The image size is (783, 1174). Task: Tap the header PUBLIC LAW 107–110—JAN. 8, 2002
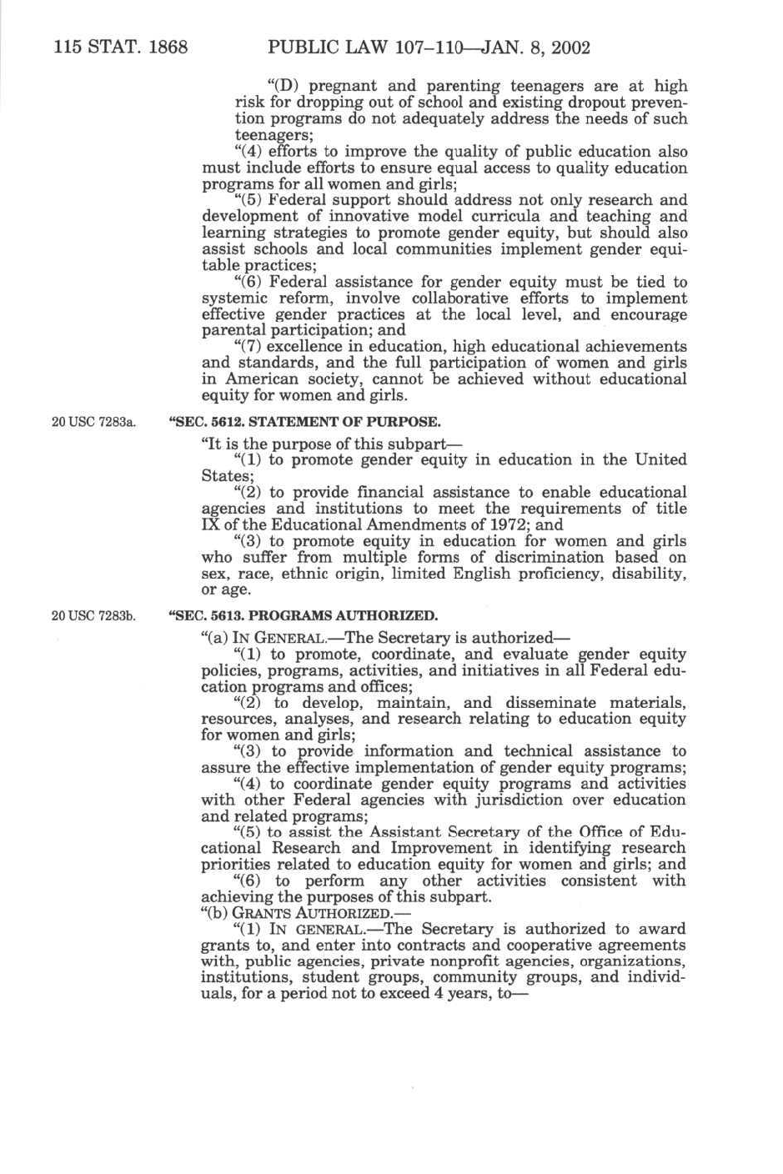(429, 47)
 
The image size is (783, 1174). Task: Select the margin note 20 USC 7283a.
(93, 422)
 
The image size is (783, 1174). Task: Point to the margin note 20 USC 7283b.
(93, 616)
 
